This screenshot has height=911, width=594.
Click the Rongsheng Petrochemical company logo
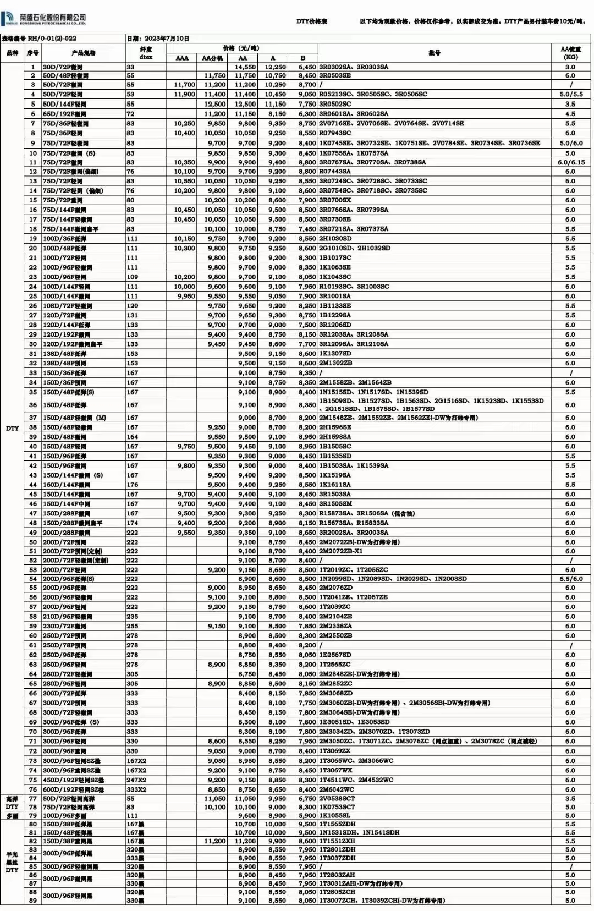tap(44, 19)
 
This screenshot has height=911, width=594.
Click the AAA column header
tap(182, 58)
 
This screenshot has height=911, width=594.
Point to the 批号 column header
tap(435, 53)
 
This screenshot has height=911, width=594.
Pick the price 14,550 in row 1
tap(245, 67)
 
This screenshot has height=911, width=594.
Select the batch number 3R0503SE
tap(335, 75)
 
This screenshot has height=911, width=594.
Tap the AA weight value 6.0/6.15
tap(571, 162)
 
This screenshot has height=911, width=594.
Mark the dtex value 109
tap(133, 277)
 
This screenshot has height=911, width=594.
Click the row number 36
tap(33, 405)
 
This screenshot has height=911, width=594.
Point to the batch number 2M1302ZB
tap(335, 363)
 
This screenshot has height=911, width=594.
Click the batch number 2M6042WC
tap(337, 789)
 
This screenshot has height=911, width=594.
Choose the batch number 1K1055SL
tap(335, 816)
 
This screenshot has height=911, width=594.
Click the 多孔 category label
tap(12, 816)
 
